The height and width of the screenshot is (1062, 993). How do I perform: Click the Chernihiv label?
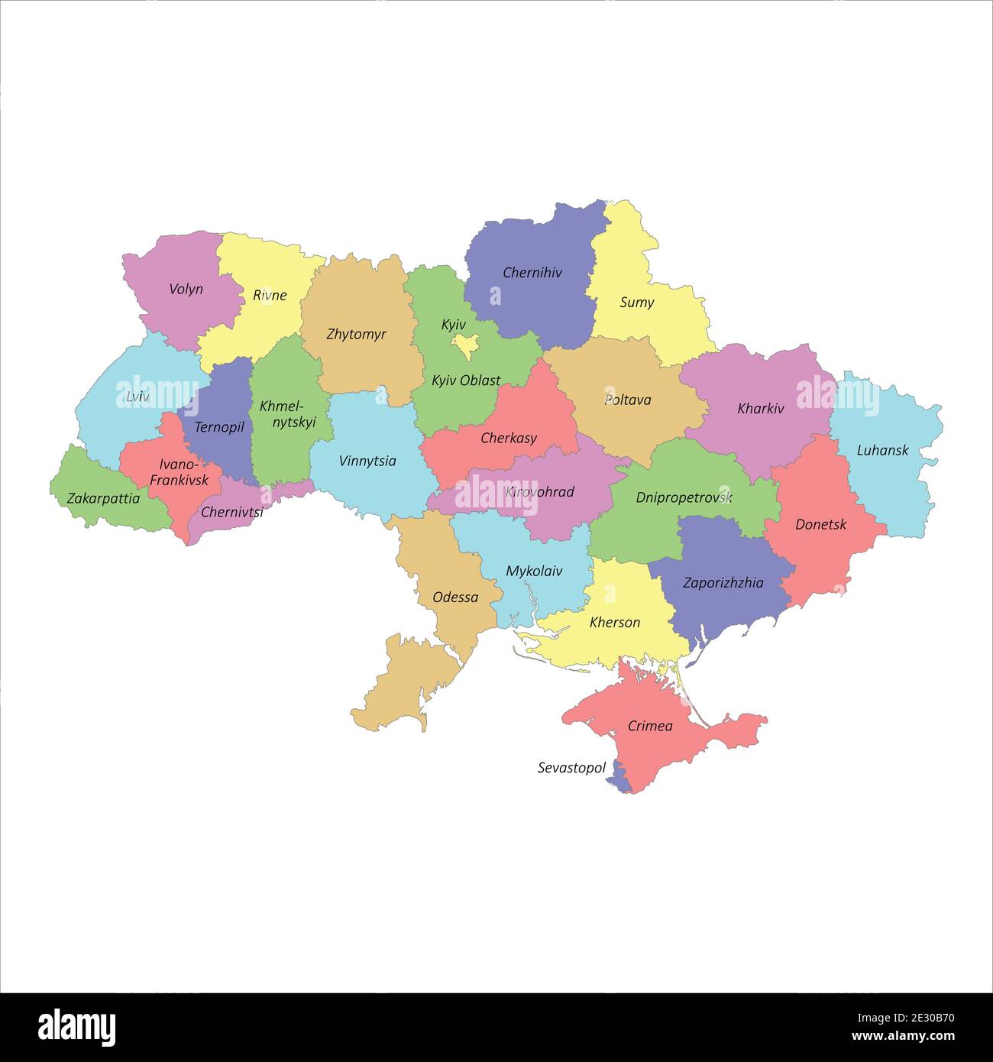[532, 272]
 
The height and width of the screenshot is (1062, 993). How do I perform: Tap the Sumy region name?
[636, 302]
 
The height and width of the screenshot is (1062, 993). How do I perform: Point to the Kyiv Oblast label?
[466, 380]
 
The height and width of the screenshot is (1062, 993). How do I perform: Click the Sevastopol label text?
[571, 767]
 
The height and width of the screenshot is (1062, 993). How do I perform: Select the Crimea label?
[650, 725]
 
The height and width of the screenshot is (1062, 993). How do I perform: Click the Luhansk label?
[882, 449]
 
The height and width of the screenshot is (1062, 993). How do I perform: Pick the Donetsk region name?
[820, 524]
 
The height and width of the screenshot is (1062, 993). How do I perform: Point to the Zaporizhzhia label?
[723, 582]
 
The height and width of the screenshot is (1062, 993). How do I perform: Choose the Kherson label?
[615, 622]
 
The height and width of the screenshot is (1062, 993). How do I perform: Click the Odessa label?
[455, 597]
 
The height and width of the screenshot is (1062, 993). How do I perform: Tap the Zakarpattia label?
[103, 498]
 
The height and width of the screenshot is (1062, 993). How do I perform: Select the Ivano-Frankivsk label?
[179, 472]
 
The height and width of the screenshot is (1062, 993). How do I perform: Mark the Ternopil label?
[219, 426]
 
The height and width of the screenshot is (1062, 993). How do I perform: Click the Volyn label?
[186, 288]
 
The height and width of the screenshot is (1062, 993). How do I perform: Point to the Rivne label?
[270, 295]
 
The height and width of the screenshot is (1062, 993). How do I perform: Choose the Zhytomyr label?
[356, 334]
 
